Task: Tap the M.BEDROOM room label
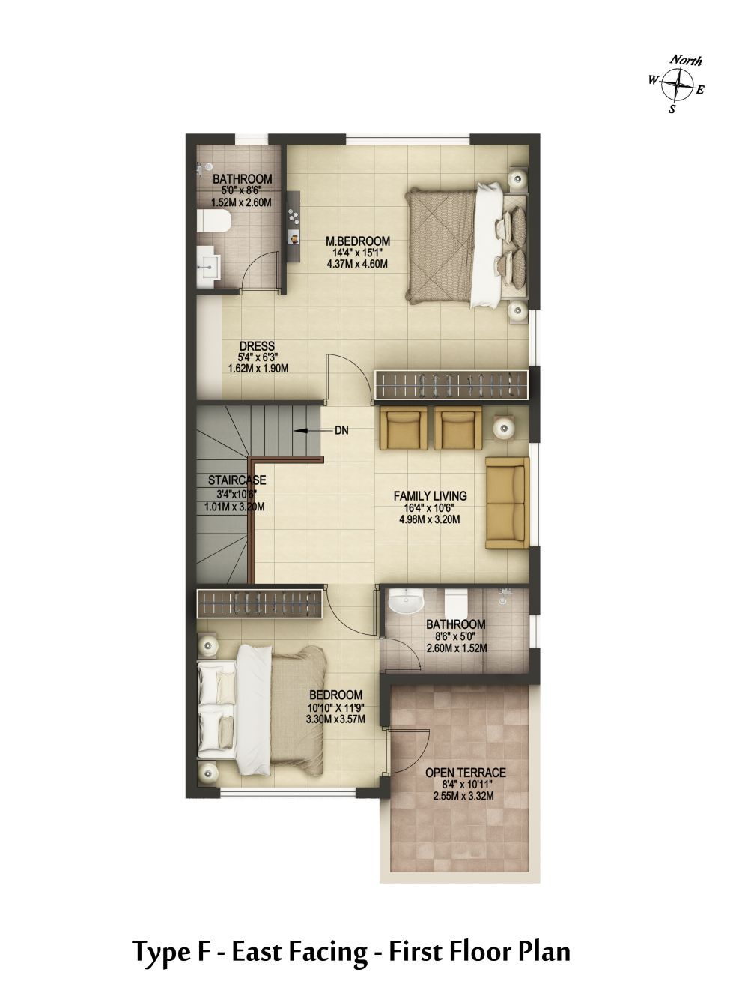358,241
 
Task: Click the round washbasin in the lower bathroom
406,603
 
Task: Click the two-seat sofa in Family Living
508,503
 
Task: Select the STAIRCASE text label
237,480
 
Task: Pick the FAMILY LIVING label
431,495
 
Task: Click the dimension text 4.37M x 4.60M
358,264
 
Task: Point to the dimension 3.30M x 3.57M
335,719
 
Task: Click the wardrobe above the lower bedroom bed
260,603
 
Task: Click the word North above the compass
686,61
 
